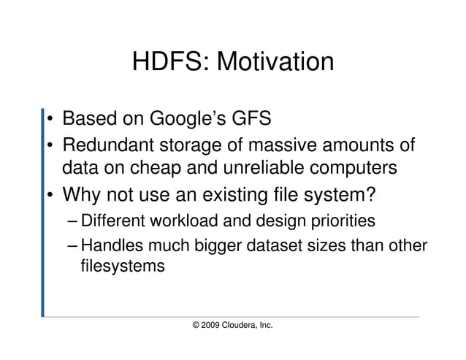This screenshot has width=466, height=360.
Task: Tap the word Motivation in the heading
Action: coord(272,62)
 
